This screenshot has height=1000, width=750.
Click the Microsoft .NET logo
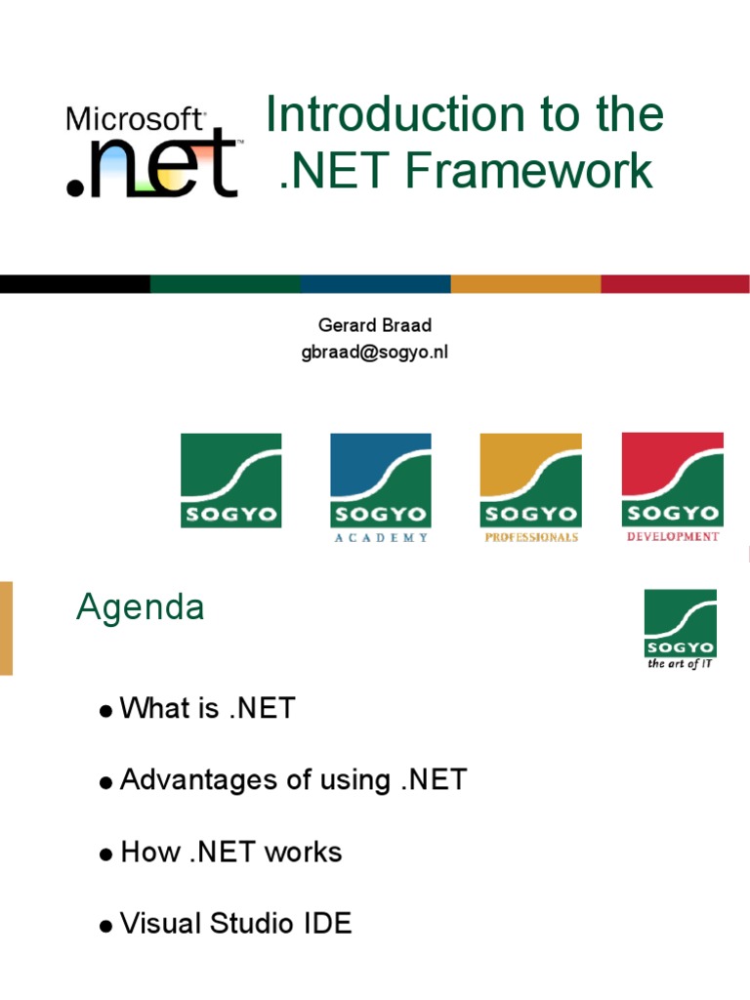pos(151,151)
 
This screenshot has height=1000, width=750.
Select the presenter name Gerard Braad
pos(374,325)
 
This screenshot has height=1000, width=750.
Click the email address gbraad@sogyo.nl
pos(374,352)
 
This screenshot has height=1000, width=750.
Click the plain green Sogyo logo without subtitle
pos(230,480)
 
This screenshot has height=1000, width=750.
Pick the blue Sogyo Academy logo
pos(380,480)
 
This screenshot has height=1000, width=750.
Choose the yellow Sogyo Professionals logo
pos(530,480)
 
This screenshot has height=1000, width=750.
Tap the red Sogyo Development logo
pos(673,480)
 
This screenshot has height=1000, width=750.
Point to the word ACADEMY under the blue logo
pos(380,538)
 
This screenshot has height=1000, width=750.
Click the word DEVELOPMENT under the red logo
pos(673,536)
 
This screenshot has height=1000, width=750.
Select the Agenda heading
pos(141,607)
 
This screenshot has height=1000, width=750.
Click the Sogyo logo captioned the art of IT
pos(681,624)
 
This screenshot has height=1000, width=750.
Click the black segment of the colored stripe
pos(75,284)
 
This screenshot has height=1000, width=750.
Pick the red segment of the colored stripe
pos(675,284)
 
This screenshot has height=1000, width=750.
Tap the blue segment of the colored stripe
pos(375,284)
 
